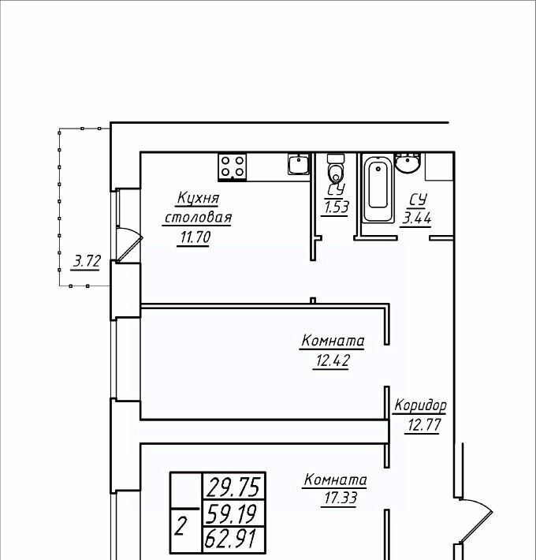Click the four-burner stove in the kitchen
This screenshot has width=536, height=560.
click(x=233, y=167)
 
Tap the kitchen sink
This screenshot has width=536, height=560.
click(x=299, y=164)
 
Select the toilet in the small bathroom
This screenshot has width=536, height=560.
click(x=336, y=169)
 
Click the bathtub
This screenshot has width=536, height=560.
click(x=378, y=189)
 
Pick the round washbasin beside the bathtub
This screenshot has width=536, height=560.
click(x=408, y=163)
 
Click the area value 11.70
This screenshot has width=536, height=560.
click(x=195, y=237)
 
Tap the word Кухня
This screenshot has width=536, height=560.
click(x=198, y=198)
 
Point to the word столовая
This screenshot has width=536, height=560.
click(x=198, y=218)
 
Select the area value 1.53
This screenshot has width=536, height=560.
click(x=336, y=207)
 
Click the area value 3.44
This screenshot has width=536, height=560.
click(x=417, y=218)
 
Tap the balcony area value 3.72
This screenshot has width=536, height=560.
click(x=87, y=261)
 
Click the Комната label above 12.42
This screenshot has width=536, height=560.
click(x=333, y=341)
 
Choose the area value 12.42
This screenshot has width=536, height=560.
click(x=332, y=360)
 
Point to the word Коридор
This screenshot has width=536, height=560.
click(x=420, y=405)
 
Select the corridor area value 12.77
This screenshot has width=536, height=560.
click(x=424, y=425)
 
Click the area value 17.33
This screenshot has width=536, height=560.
click(x=340, y=498)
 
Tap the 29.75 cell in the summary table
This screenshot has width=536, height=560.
click(x=234, y=487)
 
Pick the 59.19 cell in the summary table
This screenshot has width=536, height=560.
click(x=234, y=513)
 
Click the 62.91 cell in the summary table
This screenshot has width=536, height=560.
click(x=234, y=539)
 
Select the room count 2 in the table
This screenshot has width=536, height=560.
click(x=181, y=527)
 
